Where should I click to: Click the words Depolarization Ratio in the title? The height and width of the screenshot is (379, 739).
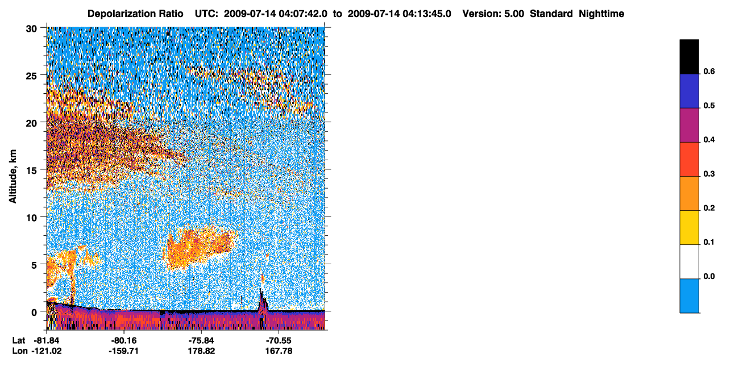(x=135, y=14)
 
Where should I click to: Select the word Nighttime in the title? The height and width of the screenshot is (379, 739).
(x=601, y=14)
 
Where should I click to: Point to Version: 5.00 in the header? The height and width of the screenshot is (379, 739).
(x=493, y=14)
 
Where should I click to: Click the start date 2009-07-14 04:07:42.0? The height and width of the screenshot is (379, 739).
(x=276, y=14)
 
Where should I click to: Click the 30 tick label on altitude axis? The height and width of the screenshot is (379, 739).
(x=31, y=29)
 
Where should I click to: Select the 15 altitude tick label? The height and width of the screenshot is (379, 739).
(x=31, y=170)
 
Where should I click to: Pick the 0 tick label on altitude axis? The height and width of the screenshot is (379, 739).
(x=34, y=313)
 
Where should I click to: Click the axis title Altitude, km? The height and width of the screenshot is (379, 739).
(x=13, y=176)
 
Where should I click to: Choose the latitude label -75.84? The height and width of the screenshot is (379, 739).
(x=201, y=340)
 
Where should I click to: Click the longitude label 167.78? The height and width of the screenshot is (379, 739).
(x=279, y=351)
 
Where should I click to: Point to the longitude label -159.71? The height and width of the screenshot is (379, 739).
(x=124, y=351)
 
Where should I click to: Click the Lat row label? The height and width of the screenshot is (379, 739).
(x=19, y=340)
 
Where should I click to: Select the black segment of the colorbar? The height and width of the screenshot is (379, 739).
(x=689, y=57)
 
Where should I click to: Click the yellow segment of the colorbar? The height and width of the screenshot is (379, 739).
(x=689, y=228)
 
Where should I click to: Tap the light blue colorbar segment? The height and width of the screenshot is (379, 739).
(x=689, y=296)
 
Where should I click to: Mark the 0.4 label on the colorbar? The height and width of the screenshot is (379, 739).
(x=709, y=140)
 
